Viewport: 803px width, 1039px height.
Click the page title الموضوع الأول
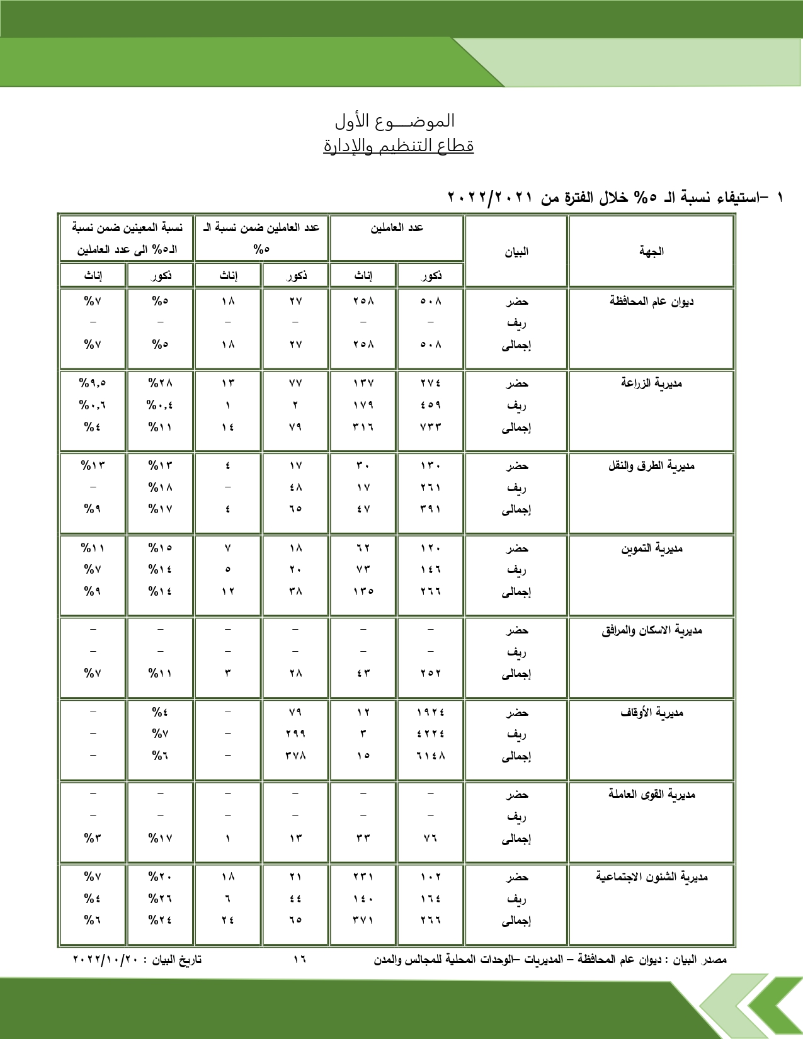coord(395,120)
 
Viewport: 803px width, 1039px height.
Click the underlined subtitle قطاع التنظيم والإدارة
coord(398,146)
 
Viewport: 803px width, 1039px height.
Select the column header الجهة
coord(651,252)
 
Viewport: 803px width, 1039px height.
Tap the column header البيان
coord(516,252)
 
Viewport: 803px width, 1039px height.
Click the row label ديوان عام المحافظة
coord(651,301)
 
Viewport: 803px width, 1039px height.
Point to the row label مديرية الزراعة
coord(651,383)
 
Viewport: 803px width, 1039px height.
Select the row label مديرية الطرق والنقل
coord(651,466)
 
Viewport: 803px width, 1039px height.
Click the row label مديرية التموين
coord(651,548)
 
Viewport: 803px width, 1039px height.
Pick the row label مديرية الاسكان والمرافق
coord(651,630)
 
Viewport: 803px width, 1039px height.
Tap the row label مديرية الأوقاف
coord(651,713)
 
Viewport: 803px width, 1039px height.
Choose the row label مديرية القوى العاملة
coord(651,794)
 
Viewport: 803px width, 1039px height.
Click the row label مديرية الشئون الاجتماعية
coord(651,877)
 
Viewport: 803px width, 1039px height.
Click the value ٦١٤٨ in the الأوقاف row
coord(431,756)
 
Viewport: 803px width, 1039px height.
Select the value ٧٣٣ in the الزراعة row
coord(431,427)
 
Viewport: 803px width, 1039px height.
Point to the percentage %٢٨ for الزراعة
coord(160,383)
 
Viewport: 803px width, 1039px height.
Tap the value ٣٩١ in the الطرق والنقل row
coord(431,509)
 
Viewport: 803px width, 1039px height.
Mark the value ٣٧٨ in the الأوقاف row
coord(295,756)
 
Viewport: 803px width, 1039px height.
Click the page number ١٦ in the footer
coord(299,960)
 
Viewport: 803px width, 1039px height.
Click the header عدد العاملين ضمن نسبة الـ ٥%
coord(261,238)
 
